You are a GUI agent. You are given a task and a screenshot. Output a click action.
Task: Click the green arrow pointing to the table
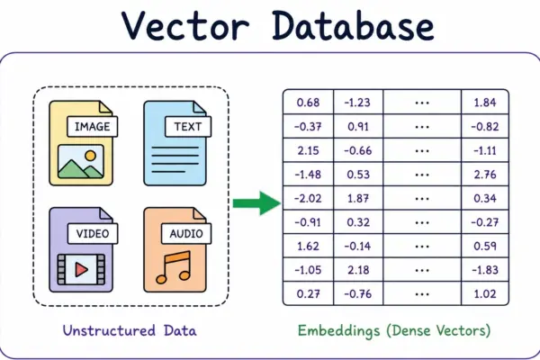coord(256,203)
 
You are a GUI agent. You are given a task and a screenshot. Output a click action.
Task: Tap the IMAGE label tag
coord(93,126)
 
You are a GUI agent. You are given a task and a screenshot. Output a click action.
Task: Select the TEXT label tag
coord(188,126)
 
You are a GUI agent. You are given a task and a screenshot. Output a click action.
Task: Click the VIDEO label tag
coord(93,234)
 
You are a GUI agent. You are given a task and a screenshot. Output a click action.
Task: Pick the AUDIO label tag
coord(186,234)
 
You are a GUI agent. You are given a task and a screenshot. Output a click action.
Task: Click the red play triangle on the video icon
coord(81,269)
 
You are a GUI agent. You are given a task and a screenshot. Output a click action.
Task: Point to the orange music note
coord(173,267)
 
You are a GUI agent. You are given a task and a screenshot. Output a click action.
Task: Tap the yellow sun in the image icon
coord(90,156)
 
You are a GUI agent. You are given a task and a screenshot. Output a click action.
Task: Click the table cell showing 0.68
coord(308,102)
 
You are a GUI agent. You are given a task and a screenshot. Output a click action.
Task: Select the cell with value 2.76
coord(485,174)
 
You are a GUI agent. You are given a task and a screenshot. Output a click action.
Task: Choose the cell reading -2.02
coord(308,198)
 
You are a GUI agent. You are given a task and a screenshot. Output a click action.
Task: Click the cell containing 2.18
coord(358,270)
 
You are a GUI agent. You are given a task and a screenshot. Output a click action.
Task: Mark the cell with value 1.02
coord(485,293)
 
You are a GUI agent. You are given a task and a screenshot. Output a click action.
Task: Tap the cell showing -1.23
coord(358,102)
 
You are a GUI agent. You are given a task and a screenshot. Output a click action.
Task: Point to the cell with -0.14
coord(358,246)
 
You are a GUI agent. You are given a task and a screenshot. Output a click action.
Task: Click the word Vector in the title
coord(185,26)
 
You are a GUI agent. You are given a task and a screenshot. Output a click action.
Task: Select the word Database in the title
coord(353,25)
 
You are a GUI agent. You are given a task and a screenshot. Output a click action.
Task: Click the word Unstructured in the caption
coord(109,330)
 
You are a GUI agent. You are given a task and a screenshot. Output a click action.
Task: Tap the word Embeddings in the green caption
coord(339,331)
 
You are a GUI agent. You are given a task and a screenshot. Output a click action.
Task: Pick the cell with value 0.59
coord(485,246)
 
